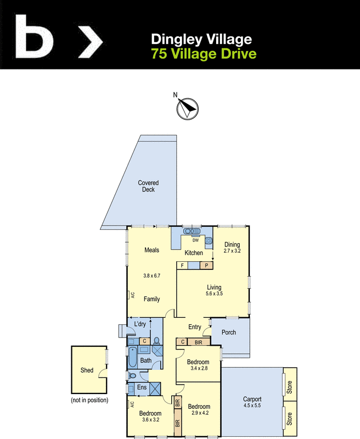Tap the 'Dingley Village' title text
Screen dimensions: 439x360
tap(201, 39)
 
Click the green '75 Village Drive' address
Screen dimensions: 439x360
tap(204, 54)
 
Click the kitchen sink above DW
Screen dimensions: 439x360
tap(193, 231)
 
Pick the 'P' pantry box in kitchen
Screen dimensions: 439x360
tap(206, 266)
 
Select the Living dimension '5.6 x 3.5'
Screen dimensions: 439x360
tap(215, 294)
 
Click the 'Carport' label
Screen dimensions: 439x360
tap(252, 399)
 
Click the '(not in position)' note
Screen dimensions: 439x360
tap(89, 400)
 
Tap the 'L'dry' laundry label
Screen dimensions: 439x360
tap(140, 324)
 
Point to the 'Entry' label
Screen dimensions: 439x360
tap(195, 327)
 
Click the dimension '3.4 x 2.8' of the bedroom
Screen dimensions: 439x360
tap(198, 369)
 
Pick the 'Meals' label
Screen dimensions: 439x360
tap(151, 250)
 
